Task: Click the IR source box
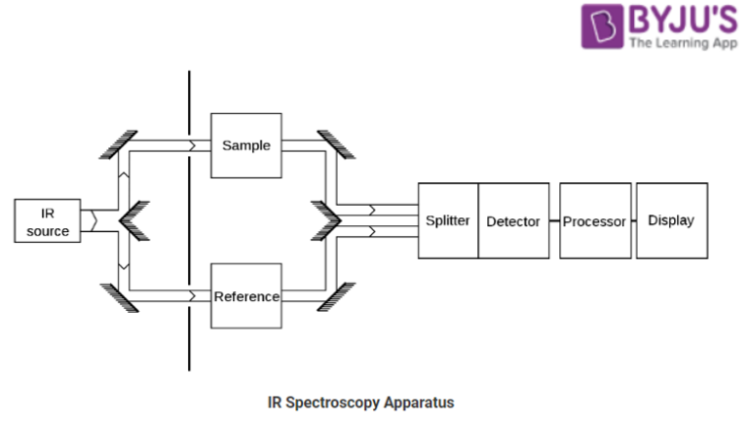click(48, 221)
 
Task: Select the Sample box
click(246, 145)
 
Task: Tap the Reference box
click(246, 296)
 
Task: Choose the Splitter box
click(448, 221)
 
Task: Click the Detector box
click(513, 221)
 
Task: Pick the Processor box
click(594, 221)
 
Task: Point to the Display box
click(671, 221)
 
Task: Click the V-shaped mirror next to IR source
click(133, 219)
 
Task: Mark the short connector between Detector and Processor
click(554, 221)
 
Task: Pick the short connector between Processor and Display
click(633, 221)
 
